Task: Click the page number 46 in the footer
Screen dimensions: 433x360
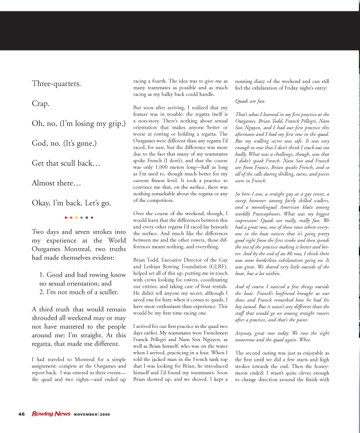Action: (21, 413)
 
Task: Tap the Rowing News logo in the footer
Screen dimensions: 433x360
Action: (51, 413)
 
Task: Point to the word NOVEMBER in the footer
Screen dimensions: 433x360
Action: (86, 413)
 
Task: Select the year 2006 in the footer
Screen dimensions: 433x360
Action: (106, 413)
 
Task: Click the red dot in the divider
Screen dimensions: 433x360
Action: (66, 218)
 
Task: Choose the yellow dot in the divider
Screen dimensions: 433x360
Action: (77, 218)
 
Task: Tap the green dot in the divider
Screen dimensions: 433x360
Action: (81, 218)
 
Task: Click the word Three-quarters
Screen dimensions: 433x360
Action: (56, 84)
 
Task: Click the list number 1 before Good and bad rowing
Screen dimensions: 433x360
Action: (42, 258)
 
